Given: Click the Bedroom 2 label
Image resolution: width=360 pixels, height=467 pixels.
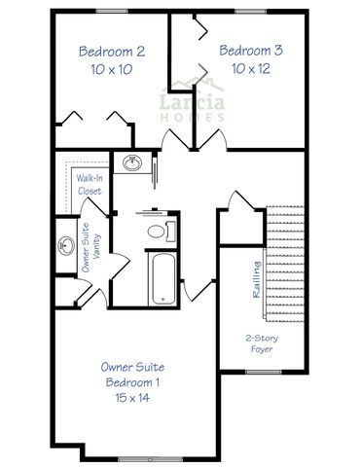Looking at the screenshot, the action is [x=112, y=52].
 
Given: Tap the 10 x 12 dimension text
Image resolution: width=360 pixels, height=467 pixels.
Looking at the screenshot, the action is [x=251, y=68].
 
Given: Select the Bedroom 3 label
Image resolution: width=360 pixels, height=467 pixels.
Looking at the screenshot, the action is [x=251, y=51].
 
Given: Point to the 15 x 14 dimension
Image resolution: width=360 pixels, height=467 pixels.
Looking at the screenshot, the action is [x=132, y=398].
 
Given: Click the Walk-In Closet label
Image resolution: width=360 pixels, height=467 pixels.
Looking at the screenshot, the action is [x=90, y=184].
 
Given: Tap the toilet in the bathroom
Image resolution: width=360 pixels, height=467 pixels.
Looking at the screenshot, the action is [x=162, y=232].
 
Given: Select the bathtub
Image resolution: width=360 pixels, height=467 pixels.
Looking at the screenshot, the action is [x=163, y=278].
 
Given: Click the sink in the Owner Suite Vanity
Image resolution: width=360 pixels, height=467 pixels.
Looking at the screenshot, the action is [x=66, y=245].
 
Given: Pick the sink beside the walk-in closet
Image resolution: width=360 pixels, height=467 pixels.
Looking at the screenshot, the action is [x=132, y=162].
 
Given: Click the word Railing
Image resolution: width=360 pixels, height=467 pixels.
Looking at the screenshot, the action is [x=257, y=279].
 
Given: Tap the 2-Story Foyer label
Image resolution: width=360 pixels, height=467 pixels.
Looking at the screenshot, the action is [x=262, y=343].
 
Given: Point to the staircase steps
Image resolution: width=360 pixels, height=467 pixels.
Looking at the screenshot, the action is [x=285, y=264].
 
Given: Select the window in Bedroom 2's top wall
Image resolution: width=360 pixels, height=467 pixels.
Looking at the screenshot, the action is [x=112, y=12].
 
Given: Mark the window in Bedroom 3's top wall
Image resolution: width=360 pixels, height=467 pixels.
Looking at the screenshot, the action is [x=250, y=12].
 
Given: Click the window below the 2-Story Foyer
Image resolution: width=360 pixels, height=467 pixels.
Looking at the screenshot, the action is [x=263, y=372].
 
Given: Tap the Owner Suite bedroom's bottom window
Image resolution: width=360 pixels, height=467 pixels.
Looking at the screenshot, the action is [x=150, y=459].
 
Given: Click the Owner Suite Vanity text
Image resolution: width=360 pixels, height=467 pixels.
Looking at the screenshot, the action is [x=91, y=248].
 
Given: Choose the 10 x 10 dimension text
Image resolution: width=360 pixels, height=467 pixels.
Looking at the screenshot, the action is [x=112, y=69].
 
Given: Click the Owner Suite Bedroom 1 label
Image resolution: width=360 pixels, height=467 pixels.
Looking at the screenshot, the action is [x=132, y=375].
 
